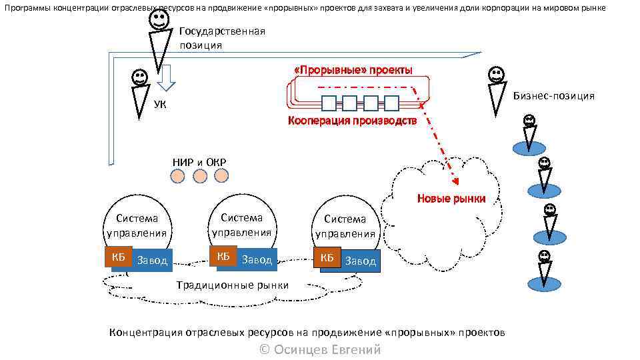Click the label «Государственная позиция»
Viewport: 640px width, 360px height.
(222, 38)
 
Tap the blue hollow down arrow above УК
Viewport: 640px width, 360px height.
(166, 77)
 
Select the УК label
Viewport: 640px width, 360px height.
(160, 104)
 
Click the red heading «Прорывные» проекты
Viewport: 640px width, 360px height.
(353, 70)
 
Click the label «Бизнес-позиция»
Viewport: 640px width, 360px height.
(553, 96)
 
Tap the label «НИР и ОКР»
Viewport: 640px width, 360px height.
(199, 163)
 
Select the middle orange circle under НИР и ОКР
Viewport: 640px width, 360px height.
(200, 176)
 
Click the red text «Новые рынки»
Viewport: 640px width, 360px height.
(451, 198)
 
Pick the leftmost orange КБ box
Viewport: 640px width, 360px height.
(117, 258)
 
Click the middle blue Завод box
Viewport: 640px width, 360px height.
(256, 259)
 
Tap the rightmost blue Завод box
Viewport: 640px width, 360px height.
(360, 261)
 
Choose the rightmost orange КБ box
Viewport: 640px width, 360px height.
(327, 258)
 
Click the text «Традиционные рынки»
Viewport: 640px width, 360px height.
(232, 285)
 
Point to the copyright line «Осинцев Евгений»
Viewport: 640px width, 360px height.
(320, 349)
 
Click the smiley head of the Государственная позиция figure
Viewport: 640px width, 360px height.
(159, 19)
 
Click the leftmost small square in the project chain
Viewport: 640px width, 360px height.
(329, 103)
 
